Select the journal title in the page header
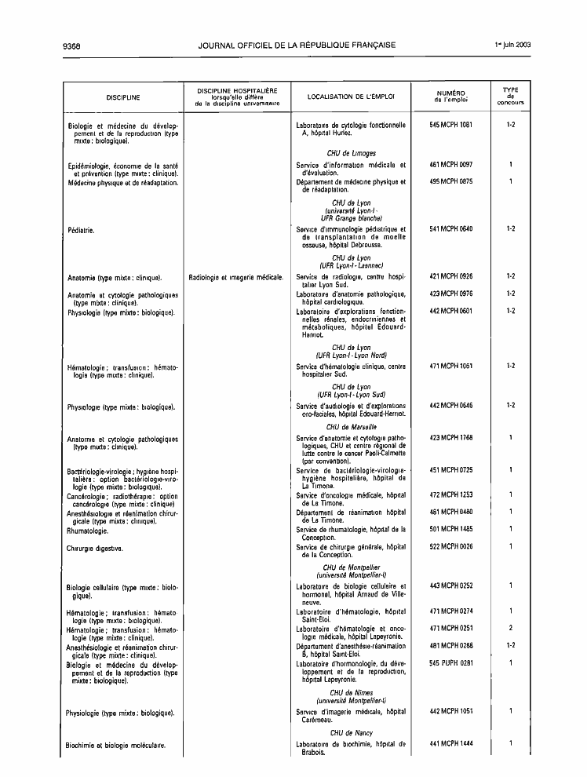click(x=297, y=45)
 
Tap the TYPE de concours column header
click(x=510, y=97)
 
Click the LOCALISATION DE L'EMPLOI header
click(x=351, y=97)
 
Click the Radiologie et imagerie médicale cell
click(x=236, y=277)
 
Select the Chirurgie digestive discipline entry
click(x=93, y=547)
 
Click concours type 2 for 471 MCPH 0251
click(x=510, y=628)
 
